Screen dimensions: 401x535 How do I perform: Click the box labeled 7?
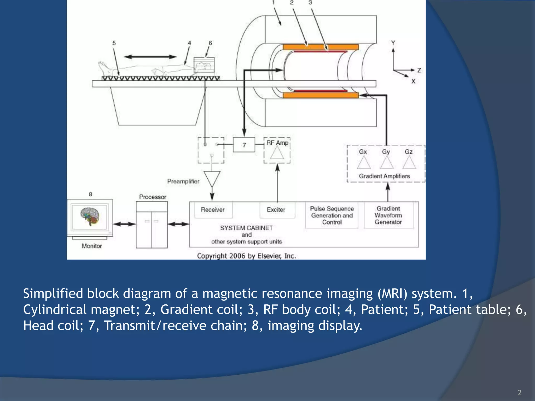[x=244, y=145]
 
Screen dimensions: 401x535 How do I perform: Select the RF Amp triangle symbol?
[x=277, y=153]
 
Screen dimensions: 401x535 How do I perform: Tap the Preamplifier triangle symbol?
[x=212, y=179]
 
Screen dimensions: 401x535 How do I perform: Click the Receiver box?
[x=213, y=210]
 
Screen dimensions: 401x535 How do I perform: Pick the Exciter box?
[x=276, y=210]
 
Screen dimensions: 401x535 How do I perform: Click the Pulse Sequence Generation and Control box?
[x=332, y=215]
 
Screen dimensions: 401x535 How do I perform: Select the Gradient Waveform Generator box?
[x=388, y=215]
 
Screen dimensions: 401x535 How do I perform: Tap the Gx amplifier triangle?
[x=364, y=163]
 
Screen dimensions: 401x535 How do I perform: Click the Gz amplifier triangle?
[x=409, y=163]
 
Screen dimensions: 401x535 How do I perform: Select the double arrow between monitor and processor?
[x=124, y=224]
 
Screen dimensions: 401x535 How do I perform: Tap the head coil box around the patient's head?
[x=204, y=65]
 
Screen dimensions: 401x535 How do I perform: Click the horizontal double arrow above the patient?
[x=150, y=57]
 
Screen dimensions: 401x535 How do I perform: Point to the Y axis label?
[x=393, y=43]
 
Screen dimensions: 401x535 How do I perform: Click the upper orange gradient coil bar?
[x=321, y=47]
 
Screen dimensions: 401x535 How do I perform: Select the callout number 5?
[x=114, y=43]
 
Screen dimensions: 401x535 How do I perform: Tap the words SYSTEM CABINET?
[x=246, y=228]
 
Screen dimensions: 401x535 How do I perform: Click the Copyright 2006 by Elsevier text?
[x=246, y=256]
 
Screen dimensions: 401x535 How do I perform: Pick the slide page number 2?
[x=519, y=393]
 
